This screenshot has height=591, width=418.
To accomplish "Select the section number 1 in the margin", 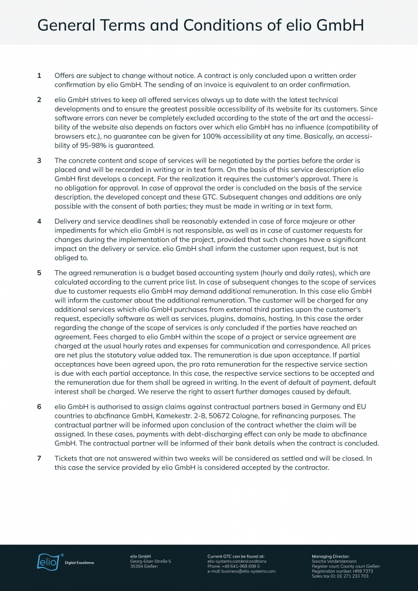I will (39, 76).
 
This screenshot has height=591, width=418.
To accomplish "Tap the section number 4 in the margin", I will (39, 222).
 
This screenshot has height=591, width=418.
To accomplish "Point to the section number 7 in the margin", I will (39, 458).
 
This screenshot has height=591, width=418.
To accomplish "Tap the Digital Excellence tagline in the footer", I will (79, 562).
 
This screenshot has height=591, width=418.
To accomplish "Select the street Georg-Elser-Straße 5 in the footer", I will (151, 561).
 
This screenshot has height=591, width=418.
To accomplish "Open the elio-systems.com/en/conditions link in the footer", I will (237, 561).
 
